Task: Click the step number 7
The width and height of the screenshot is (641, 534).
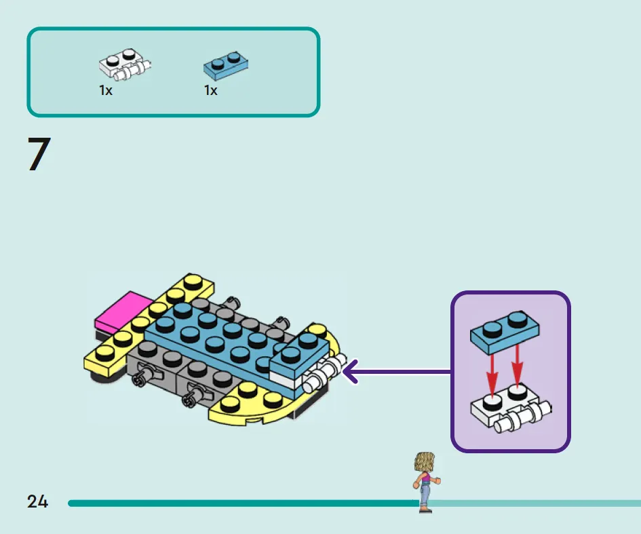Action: [x=39, y=154]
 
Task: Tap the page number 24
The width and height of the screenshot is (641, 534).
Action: [x=37, y=501]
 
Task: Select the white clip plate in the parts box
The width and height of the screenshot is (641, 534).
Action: [x=125, y=64]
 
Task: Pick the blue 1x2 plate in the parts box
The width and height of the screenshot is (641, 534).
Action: [x=226, y=65]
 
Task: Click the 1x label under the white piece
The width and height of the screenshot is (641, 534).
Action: [x=105, y=90]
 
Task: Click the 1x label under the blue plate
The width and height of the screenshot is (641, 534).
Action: [x=210, y=90]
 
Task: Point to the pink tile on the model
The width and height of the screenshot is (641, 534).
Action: [x=123, y=311]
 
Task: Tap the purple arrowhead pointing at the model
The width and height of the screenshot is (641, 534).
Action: [x=351, y=372]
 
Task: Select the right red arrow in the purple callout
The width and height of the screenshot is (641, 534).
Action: [x=517, y=366]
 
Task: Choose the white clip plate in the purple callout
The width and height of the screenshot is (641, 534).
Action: [x=511, y=409]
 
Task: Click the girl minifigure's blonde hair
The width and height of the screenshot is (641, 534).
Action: [x=425, y=462]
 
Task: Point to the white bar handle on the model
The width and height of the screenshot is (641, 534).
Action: [x=325, y=374]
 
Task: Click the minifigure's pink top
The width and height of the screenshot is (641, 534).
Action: [x=425, y=478]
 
